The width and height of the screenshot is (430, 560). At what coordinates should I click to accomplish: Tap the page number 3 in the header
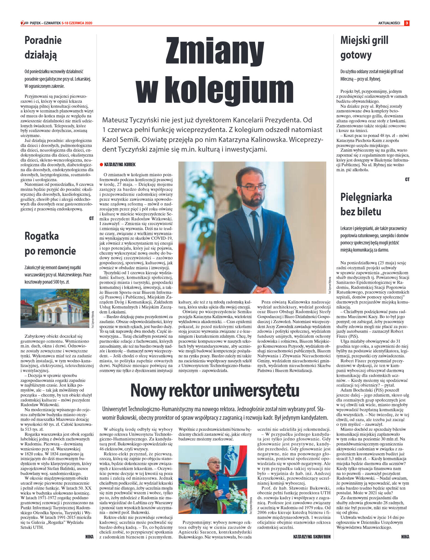407,23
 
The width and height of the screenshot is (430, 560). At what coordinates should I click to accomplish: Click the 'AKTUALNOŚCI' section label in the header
389,23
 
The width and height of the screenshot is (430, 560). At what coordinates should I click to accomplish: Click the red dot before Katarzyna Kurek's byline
101,165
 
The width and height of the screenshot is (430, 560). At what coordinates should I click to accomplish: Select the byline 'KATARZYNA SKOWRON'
312,537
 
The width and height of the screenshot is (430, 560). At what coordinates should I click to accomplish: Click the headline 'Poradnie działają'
43,47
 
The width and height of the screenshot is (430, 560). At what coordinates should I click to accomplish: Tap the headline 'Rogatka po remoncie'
50,243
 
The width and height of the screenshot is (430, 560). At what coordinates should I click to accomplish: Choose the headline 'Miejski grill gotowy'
364,47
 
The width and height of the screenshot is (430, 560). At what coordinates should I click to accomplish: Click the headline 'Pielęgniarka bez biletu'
366,204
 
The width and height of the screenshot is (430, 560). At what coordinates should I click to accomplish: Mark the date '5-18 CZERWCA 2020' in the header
77,23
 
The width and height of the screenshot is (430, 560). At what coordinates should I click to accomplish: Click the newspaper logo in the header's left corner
24,23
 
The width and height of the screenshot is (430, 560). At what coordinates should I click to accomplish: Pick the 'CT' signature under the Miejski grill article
407,179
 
